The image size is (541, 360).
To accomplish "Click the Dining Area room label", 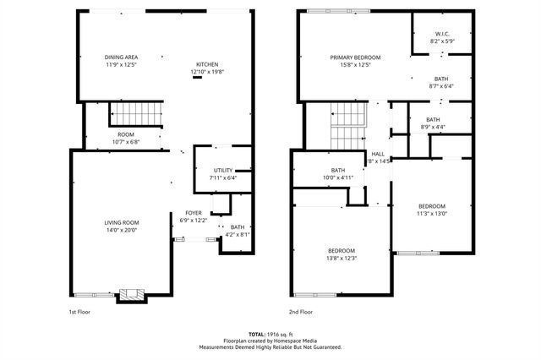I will pos(122,57).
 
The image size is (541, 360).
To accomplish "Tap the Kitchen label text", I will pos(207,65).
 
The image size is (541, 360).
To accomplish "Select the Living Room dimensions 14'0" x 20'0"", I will pos(122,231).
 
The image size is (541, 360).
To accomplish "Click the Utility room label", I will pos(223,171).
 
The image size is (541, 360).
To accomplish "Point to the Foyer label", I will pos(194,213).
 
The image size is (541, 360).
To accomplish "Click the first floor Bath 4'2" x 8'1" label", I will pos(238,226).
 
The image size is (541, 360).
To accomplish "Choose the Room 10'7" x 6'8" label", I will pos(126,134).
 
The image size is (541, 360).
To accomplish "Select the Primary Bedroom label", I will pos(355,57).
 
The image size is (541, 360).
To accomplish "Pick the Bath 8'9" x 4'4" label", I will pos(433,119).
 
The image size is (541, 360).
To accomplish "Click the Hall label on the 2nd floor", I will pos(377,154).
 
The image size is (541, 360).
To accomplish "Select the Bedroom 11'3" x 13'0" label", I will pos(431,206).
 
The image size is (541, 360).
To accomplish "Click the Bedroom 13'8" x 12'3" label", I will pos(342,251).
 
